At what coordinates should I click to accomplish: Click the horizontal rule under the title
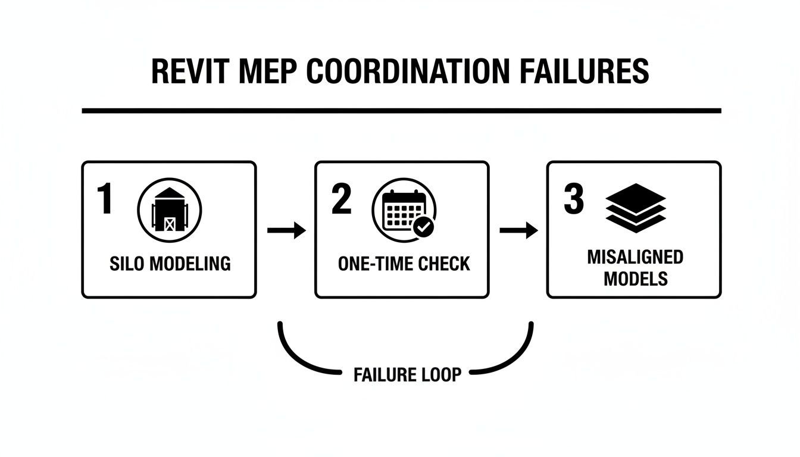pyautogui.click(x=401, y=111)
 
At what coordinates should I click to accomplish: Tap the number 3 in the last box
pyautogui.click(x=573, y=199)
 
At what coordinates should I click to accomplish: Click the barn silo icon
pyautogui.click(x=169, y=209)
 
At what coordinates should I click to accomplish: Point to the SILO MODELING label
pyautogui.click(x=170, y=264)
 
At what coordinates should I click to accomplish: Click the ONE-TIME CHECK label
pyautogui.click(x=404, y=264)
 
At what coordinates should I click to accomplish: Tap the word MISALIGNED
pyautogui.click(x=635, y=257)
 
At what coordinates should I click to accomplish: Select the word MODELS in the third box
pyautogui.click(x=635, y=278)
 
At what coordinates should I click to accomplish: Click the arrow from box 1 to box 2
pyautogui.click(x=286, y=230)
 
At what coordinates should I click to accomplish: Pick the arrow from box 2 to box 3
pyautogui.click(x=518, y=230)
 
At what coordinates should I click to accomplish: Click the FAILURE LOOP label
pyautogui.click(x=407, y=375)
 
